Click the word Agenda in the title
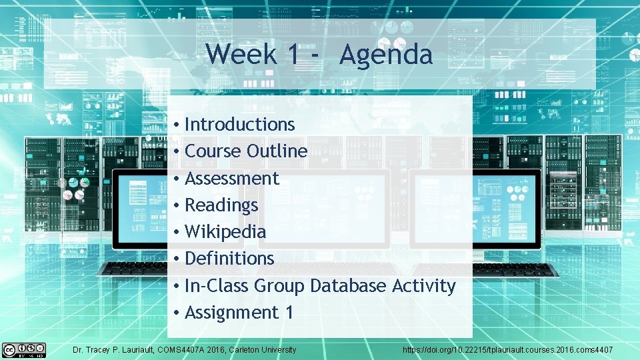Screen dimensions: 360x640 (385, 55)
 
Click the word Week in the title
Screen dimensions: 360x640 (241, 54)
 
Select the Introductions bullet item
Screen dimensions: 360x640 (239, 125)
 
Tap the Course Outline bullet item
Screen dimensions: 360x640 (245, 151)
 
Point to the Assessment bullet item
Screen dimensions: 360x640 (231, 179)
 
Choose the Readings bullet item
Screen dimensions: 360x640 (221, 205)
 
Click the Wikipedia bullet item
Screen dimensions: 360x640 (225, 232)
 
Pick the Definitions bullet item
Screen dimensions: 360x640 (229, 259)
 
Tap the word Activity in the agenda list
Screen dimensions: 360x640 (424, 286)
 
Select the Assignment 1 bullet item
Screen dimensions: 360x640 (239, 313)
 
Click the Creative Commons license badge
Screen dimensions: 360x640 (24, 349)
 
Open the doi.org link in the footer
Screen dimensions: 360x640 (507, 350)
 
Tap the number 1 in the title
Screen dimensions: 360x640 (293, 55)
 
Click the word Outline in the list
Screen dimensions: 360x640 (277, 151)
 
